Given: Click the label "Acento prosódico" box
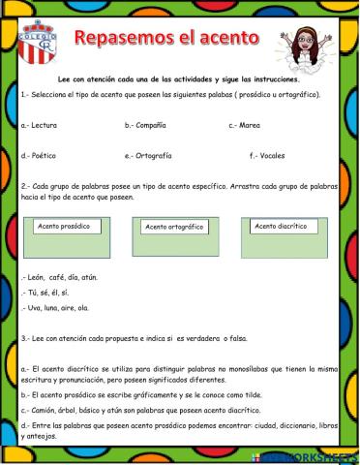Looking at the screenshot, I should click(66, 226).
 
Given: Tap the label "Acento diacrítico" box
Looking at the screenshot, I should click(280, 226).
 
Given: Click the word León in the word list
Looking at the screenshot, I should click(36, 276).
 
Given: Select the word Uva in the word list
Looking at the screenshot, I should click(34, 307).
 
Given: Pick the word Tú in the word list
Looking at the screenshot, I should click(32, 292).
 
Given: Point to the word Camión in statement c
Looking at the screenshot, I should click(44, 411).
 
